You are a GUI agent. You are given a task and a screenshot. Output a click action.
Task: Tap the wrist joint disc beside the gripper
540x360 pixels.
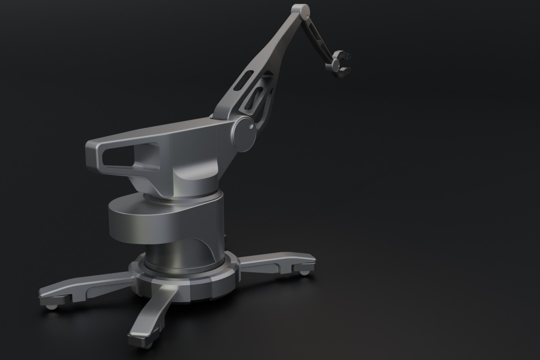pyautogui.click(x=329, y=67)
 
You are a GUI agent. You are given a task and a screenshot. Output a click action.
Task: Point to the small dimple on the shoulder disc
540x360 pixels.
pyautogui.click(x=250, y=127)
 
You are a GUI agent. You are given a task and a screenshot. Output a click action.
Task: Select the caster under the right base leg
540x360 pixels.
pyautogui.click(x=304, y=273)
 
